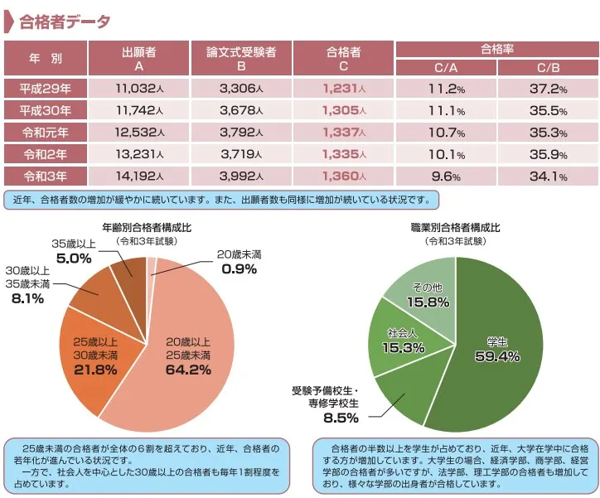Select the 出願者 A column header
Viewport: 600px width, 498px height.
coord(138,58)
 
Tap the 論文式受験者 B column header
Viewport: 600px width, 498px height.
coord(241,58)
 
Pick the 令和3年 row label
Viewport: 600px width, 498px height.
coord(46,176)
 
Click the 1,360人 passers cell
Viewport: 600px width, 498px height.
coord(343,176)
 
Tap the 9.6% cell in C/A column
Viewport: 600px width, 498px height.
coord(446,176)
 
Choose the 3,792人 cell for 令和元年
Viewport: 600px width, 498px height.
coord(241,133)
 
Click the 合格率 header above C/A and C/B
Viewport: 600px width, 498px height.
coord(496,49)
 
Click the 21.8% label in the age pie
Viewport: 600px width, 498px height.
coord(95,370)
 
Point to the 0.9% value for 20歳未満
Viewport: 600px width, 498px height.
coord(239,268)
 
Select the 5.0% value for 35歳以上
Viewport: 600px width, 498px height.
coord(74,258)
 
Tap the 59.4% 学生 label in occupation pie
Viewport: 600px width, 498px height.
coord(497,356)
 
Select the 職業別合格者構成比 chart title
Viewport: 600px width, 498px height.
coord(455,227)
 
